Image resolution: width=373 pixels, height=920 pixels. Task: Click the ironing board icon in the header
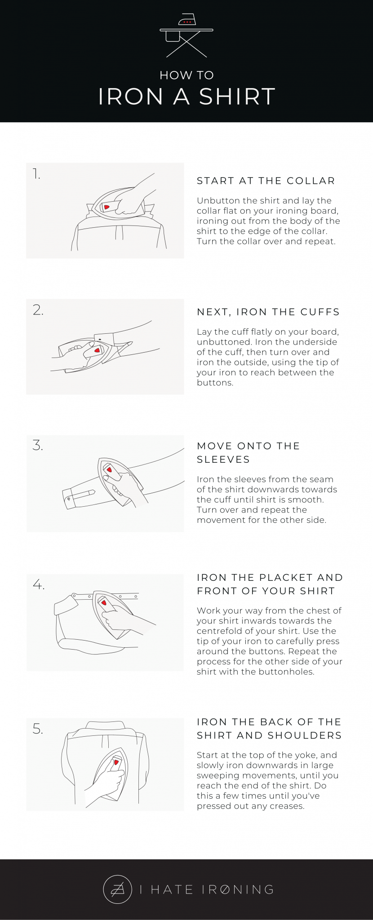point(186,35)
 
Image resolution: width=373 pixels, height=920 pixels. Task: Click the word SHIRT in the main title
point(237,97)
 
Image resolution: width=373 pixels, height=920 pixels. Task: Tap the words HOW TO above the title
point(186,75)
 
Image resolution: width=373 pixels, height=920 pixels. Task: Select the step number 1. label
point(36,174)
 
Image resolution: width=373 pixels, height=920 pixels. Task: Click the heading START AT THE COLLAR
point(266,181)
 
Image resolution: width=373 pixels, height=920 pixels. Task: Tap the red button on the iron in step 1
point(107,207)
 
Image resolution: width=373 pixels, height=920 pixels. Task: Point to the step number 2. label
point(38,310)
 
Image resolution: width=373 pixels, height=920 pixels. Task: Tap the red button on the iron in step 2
point(97,350)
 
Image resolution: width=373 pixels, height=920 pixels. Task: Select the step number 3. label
point(38,445)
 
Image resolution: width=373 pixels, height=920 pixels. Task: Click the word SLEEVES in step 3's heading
point(223,459)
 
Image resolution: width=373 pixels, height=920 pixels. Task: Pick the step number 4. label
point(39,584)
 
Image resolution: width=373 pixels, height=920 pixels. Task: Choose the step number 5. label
point(38,729)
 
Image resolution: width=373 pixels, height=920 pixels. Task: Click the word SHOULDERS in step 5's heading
point(305,735)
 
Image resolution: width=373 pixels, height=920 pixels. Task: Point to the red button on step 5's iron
point(116,763)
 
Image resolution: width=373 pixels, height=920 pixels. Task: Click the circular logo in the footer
point(117,889)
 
